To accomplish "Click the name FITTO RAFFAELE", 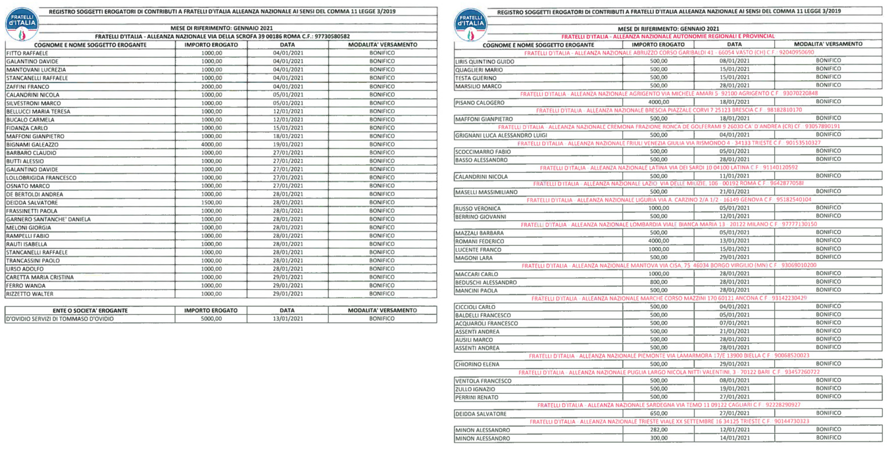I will pos(23,53).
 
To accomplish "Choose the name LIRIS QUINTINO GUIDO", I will pos(484,61).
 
